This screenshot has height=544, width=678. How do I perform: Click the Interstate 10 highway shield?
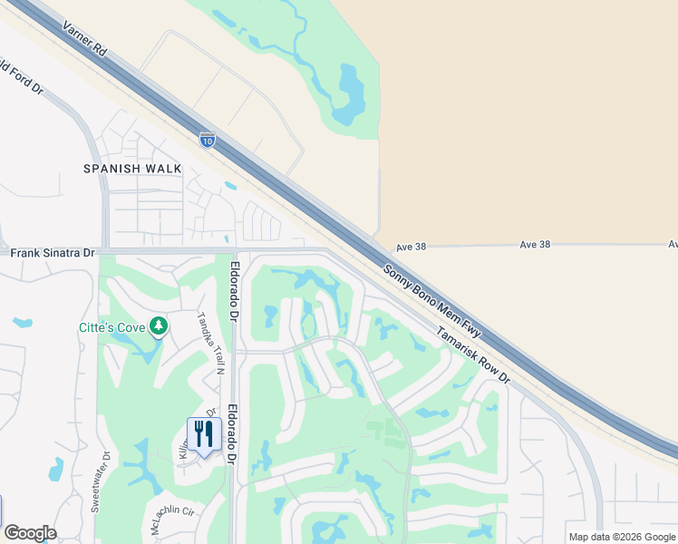coord(208,140)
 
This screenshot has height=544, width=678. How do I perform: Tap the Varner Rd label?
coord(85,41)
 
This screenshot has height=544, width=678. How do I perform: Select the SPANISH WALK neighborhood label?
coord(132,169)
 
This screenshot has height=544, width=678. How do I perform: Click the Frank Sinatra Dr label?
coord(53,253)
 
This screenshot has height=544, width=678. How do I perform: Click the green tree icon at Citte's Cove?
coord(159,325)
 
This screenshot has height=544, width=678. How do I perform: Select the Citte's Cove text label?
coord(112,325)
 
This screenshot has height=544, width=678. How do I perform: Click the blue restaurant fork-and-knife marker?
coord(204,435)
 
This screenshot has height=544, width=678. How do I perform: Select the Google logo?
coord(30,533)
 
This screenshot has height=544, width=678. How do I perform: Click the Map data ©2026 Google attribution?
coord(622,537)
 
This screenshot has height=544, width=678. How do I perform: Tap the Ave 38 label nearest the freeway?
coord(411,247)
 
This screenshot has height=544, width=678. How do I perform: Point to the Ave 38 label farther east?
coord(536,245)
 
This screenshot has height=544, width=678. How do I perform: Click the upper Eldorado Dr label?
coord(233,293)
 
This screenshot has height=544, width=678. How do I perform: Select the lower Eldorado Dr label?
coord(231,434)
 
